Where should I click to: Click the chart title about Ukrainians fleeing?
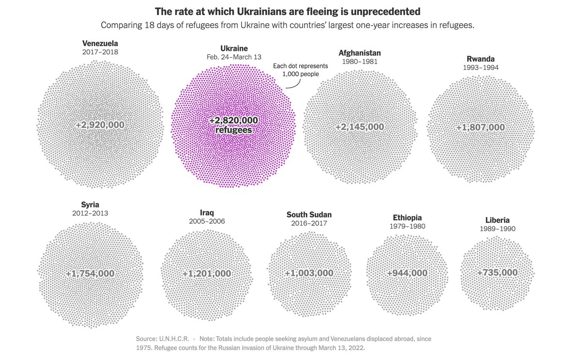pyautogui.click(x=287, y=11)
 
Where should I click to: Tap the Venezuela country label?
pyautogui.click(x=100, y=43)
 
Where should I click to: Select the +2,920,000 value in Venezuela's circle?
pyautogui.click(x=100, y=125)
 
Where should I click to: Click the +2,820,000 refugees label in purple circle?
pyautogui.click(x=234, y=125)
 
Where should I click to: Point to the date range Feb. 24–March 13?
pyautogui.click(x=234, y=57)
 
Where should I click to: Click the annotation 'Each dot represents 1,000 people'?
pyautogui.click(x=300, y=70)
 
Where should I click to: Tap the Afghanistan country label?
pyautogui.click(x=360, y=53)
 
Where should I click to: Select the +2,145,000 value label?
pyautogui.click(x=360, y=127)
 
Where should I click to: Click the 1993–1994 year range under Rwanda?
pyautogui.click(x=480, y=67)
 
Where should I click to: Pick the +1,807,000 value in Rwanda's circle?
pyautogui.click(x=480, y=128)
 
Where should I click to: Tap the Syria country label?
pyautogui.click(x=91, y=204)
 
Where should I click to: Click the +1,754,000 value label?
pyautogui.click(x=91, y=274)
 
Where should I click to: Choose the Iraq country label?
pyautogui.click(x=207, y=212)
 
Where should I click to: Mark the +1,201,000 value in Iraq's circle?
pyautogui.click(x=207, y=274)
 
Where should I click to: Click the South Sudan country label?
pyautogui.click(x=309, y=215)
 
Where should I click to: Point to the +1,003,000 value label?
pyautogui.click(x=309, y=273)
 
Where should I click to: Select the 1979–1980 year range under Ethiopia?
pyautogui.click(x=408, y=226)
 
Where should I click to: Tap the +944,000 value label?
pyautogui.click(x=407, y=273)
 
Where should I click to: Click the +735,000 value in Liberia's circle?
pyautogui.click(x=497, y=273)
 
